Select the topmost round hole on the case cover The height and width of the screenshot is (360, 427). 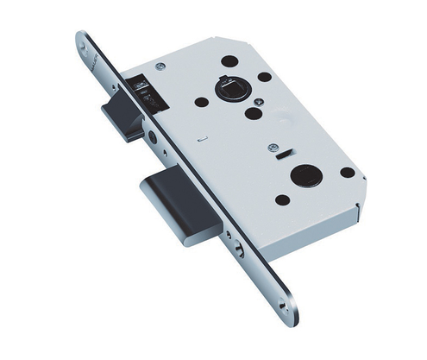(x=230, y=61)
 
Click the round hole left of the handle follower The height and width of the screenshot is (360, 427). (x=201, y=101)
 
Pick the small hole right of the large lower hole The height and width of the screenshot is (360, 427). (x=347, y=172)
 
